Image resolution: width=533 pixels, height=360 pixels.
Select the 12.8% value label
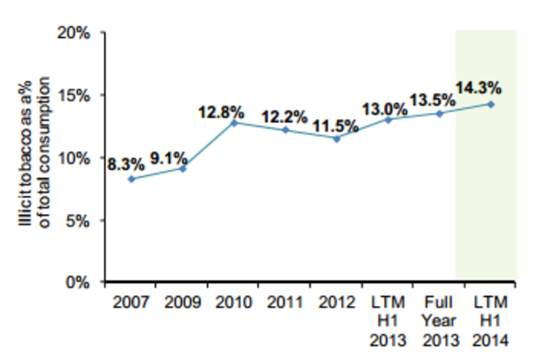point(222,109)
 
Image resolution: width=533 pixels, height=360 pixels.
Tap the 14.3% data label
point(479,89)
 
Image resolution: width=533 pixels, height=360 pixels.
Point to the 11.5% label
point(335,125)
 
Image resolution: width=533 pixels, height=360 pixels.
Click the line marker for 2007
point(130,179)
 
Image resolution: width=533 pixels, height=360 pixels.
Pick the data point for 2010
point(235,122)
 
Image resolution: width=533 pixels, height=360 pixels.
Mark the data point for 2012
point(336,138)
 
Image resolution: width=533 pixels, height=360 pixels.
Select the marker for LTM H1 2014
point(490,104)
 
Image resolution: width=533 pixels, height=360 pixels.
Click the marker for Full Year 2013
point(440,113)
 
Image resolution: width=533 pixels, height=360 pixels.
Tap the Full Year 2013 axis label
point(440,319)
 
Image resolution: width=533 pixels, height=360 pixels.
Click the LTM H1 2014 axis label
point(490,319)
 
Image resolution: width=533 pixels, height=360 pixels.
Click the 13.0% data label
point(385,107)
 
